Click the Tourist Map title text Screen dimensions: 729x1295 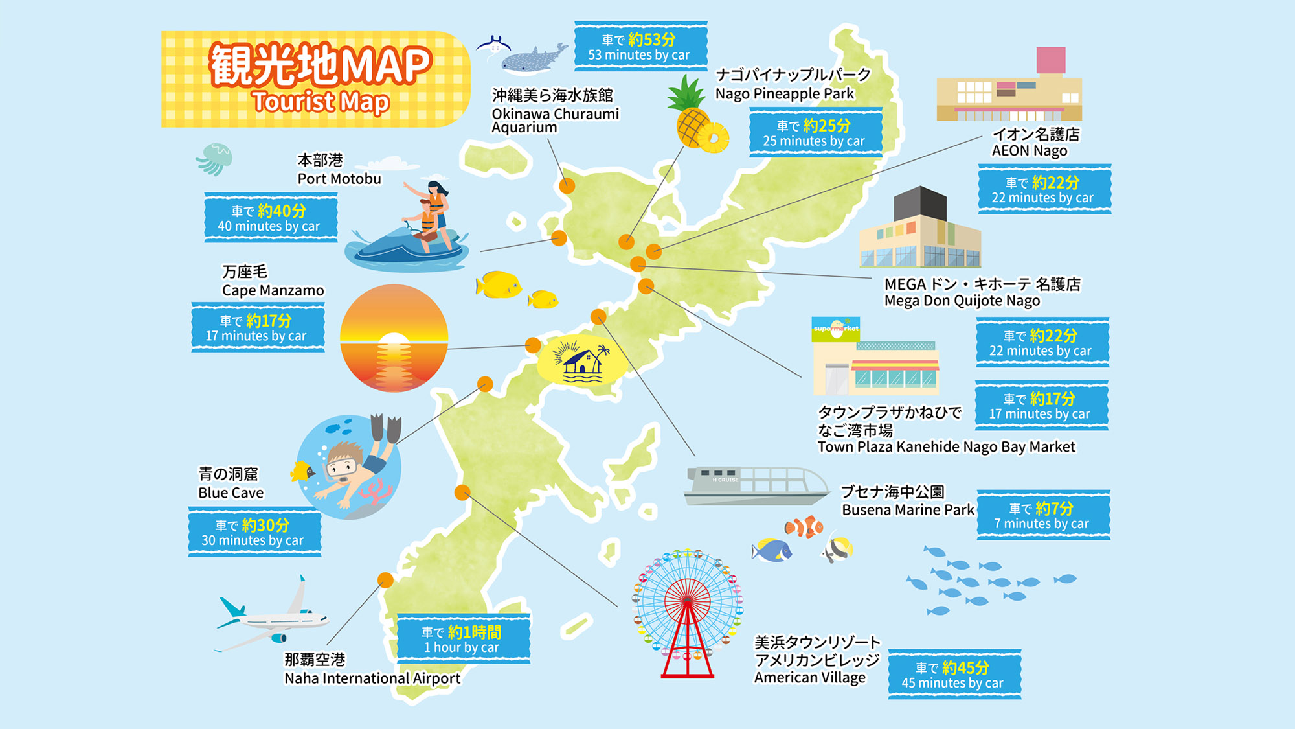point(320,78)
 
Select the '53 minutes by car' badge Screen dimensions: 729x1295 point(640,47)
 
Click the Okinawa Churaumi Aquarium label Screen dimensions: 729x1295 point(554,111)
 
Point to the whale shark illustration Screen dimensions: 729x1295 point(531,59)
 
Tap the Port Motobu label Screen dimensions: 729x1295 point(339,170)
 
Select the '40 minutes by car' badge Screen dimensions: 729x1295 point(271,218)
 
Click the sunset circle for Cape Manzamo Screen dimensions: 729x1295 point(394,338)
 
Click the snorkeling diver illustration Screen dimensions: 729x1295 point(350,466)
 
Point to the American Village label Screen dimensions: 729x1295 point(816,660)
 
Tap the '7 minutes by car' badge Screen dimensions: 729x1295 point(1042,516)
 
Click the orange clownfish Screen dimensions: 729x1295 point(804,527)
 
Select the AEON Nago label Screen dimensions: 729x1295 point(1035,143)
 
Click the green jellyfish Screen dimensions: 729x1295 point(214,158)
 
